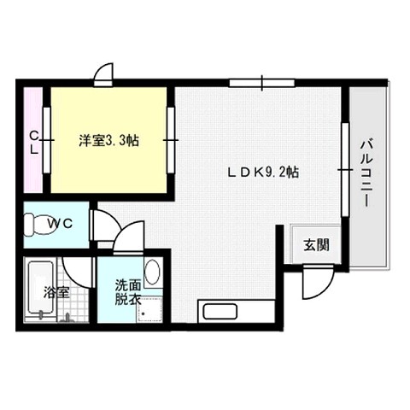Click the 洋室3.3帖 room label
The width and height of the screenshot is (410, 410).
tap(109, 141)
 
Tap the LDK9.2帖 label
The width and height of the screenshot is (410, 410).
tap(262, 171)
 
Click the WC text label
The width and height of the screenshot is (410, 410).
tap(60, 224)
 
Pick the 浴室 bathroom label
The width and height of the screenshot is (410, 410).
tap(56, 291)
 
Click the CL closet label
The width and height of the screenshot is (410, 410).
tap(34, 141)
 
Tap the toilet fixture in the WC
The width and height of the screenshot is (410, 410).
tap(36, 225)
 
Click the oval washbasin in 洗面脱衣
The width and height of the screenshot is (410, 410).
tap(152, 272)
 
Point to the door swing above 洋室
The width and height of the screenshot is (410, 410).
tap(104, 74)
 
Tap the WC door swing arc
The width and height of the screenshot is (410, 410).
tap(106, 225)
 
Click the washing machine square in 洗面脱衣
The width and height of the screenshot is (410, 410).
tap(151, 309)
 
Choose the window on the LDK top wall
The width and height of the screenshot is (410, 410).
tap(262, 83)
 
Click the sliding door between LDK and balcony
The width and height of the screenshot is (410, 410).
tap(344, 170)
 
